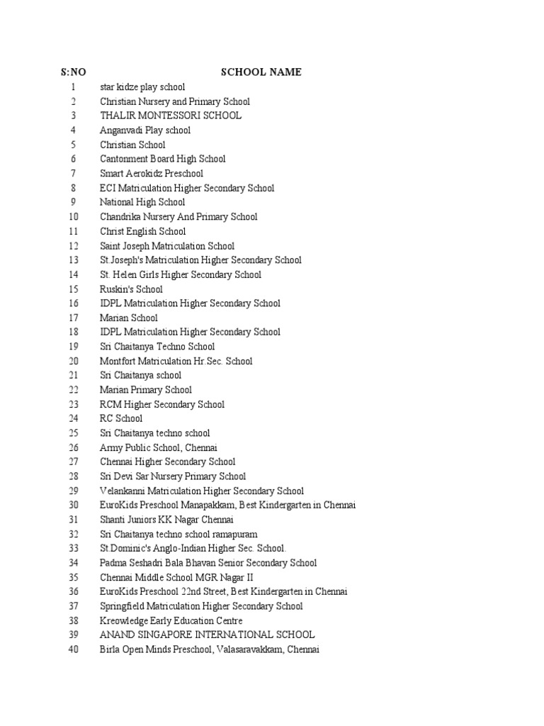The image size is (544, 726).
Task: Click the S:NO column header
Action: (x=73, y=72)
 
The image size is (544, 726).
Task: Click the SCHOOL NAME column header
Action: (x=261, y=72)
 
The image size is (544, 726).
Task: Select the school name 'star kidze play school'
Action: (x=142, y=87)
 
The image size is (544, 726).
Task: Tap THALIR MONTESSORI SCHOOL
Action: (x=170, y=116)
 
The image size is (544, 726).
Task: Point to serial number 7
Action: (x=73, y=174)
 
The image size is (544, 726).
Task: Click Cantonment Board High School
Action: (x=162, y=159)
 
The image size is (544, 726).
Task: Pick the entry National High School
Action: (x=142, y=202)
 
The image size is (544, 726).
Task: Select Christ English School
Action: (x=142, y=231)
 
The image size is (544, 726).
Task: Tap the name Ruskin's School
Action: (x=131, y=289)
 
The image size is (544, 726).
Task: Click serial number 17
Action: (x=73, y=318)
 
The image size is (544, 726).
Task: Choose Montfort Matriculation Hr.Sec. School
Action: (x=176, y=361)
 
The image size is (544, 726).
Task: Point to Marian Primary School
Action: (x=145, y=390)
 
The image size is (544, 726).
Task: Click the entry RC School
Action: (x=121, y=418)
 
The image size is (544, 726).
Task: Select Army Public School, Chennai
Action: (x=159, y=447)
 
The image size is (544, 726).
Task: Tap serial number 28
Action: (x=73, y=476)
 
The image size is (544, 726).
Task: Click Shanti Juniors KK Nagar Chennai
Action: (x=166, y=520)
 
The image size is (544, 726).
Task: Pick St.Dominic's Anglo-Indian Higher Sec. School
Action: (x=193, y=548)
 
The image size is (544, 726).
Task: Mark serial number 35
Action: (x=73, y=577)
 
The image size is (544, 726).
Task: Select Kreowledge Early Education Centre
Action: (x=176, y=620)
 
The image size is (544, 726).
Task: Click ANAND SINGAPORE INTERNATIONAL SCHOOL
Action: (x=207, y=635)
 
